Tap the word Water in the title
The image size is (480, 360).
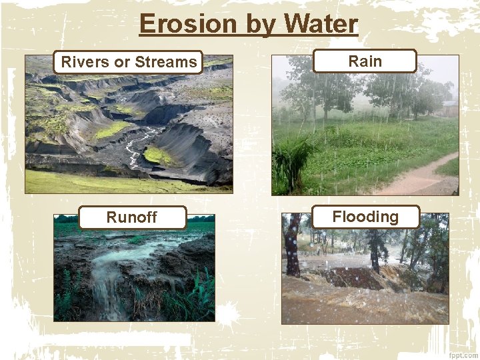point(321,24)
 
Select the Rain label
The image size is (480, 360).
point(365,61)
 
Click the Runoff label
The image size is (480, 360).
point(132,217)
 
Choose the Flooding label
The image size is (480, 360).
point(365,217)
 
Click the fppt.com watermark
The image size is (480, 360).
point(463,354)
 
